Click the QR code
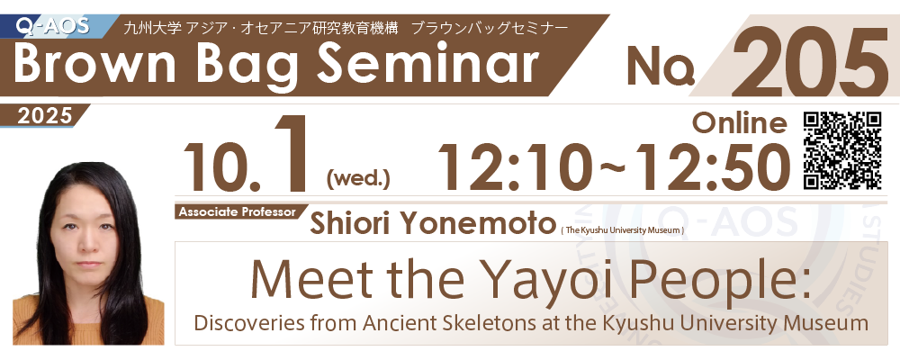(x=842, y=150)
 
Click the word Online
(x=739, y=122)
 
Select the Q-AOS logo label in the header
(x=53, y=25)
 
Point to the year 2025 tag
(x=45, y=116)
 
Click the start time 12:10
(x=514, y=166)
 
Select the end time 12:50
(x=708, y=166)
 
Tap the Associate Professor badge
(x=238, y=211)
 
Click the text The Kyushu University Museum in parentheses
(x=622, y=230)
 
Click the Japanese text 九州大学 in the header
(x=154, y=28)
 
